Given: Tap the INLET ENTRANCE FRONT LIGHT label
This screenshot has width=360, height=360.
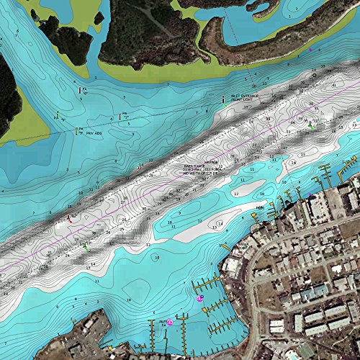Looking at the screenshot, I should click(x=243, y=99).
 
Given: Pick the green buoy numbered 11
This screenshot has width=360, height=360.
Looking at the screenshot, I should click(x=85, y=246).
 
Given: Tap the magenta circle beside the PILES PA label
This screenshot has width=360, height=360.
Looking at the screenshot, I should click(x=171, y=323).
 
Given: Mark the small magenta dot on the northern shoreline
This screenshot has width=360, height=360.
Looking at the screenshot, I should click(x=310, y=51).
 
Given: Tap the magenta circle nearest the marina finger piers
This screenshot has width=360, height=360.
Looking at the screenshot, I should click(x=200, y=297).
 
